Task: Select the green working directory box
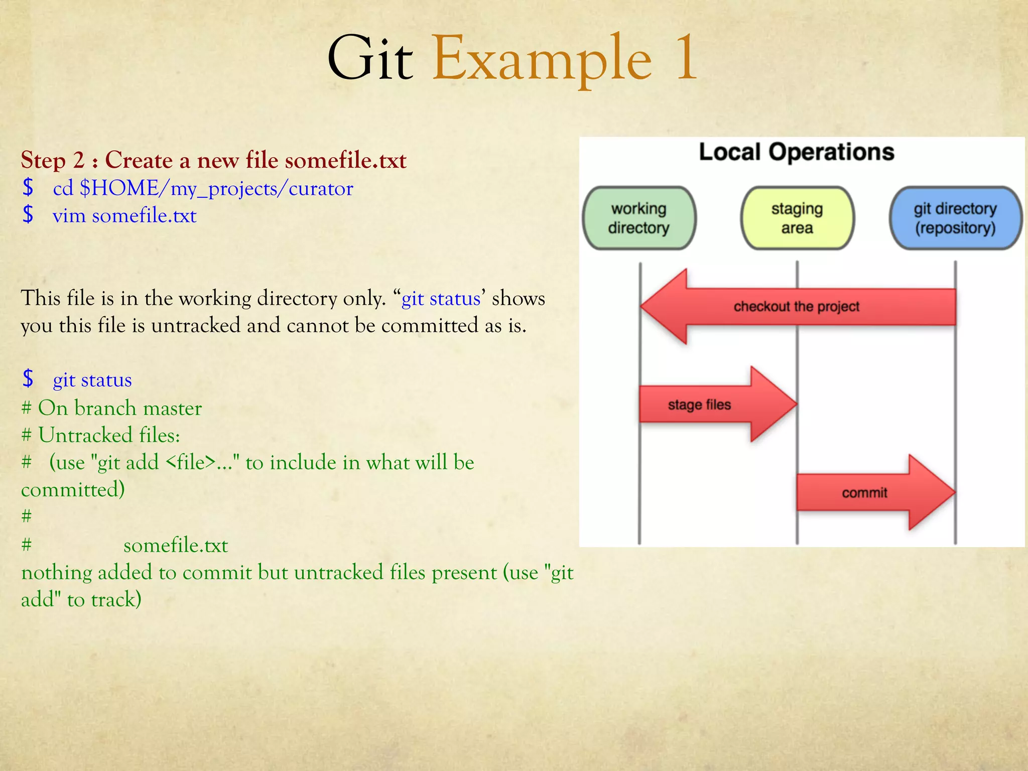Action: pyautogui.click(x=638, y=218)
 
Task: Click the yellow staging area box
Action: pyautogui.click(x=797, y=218)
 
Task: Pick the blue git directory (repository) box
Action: pyautogui.click(x=955, y=218)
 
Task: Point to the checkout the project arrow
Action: pyautogui.click(x=797, y=306)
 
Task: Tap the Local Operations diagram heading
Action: pyautogui.click(x=797, y=152)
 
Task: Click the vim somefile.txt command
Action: pyautogui.click(x=124, y=216)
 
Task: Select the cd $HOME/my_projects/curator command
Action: pyautogui.click(x=203, y=189)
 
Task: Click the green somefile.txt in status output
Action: pyautogui.click(x=176, y=545)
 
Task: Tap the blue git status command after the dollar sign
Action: pyautogui.click(x=92, y=380)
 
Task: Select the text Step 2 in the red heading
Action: pyautogui.click(x=53, y=161)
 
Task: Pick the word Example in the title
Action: pyautogui.click(x=542, y=59)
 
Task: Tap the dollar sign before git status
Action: pyautogui.click(x=28, y=379)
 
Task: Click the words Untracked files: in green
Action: pyautogui.click(x=109, y=435)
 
